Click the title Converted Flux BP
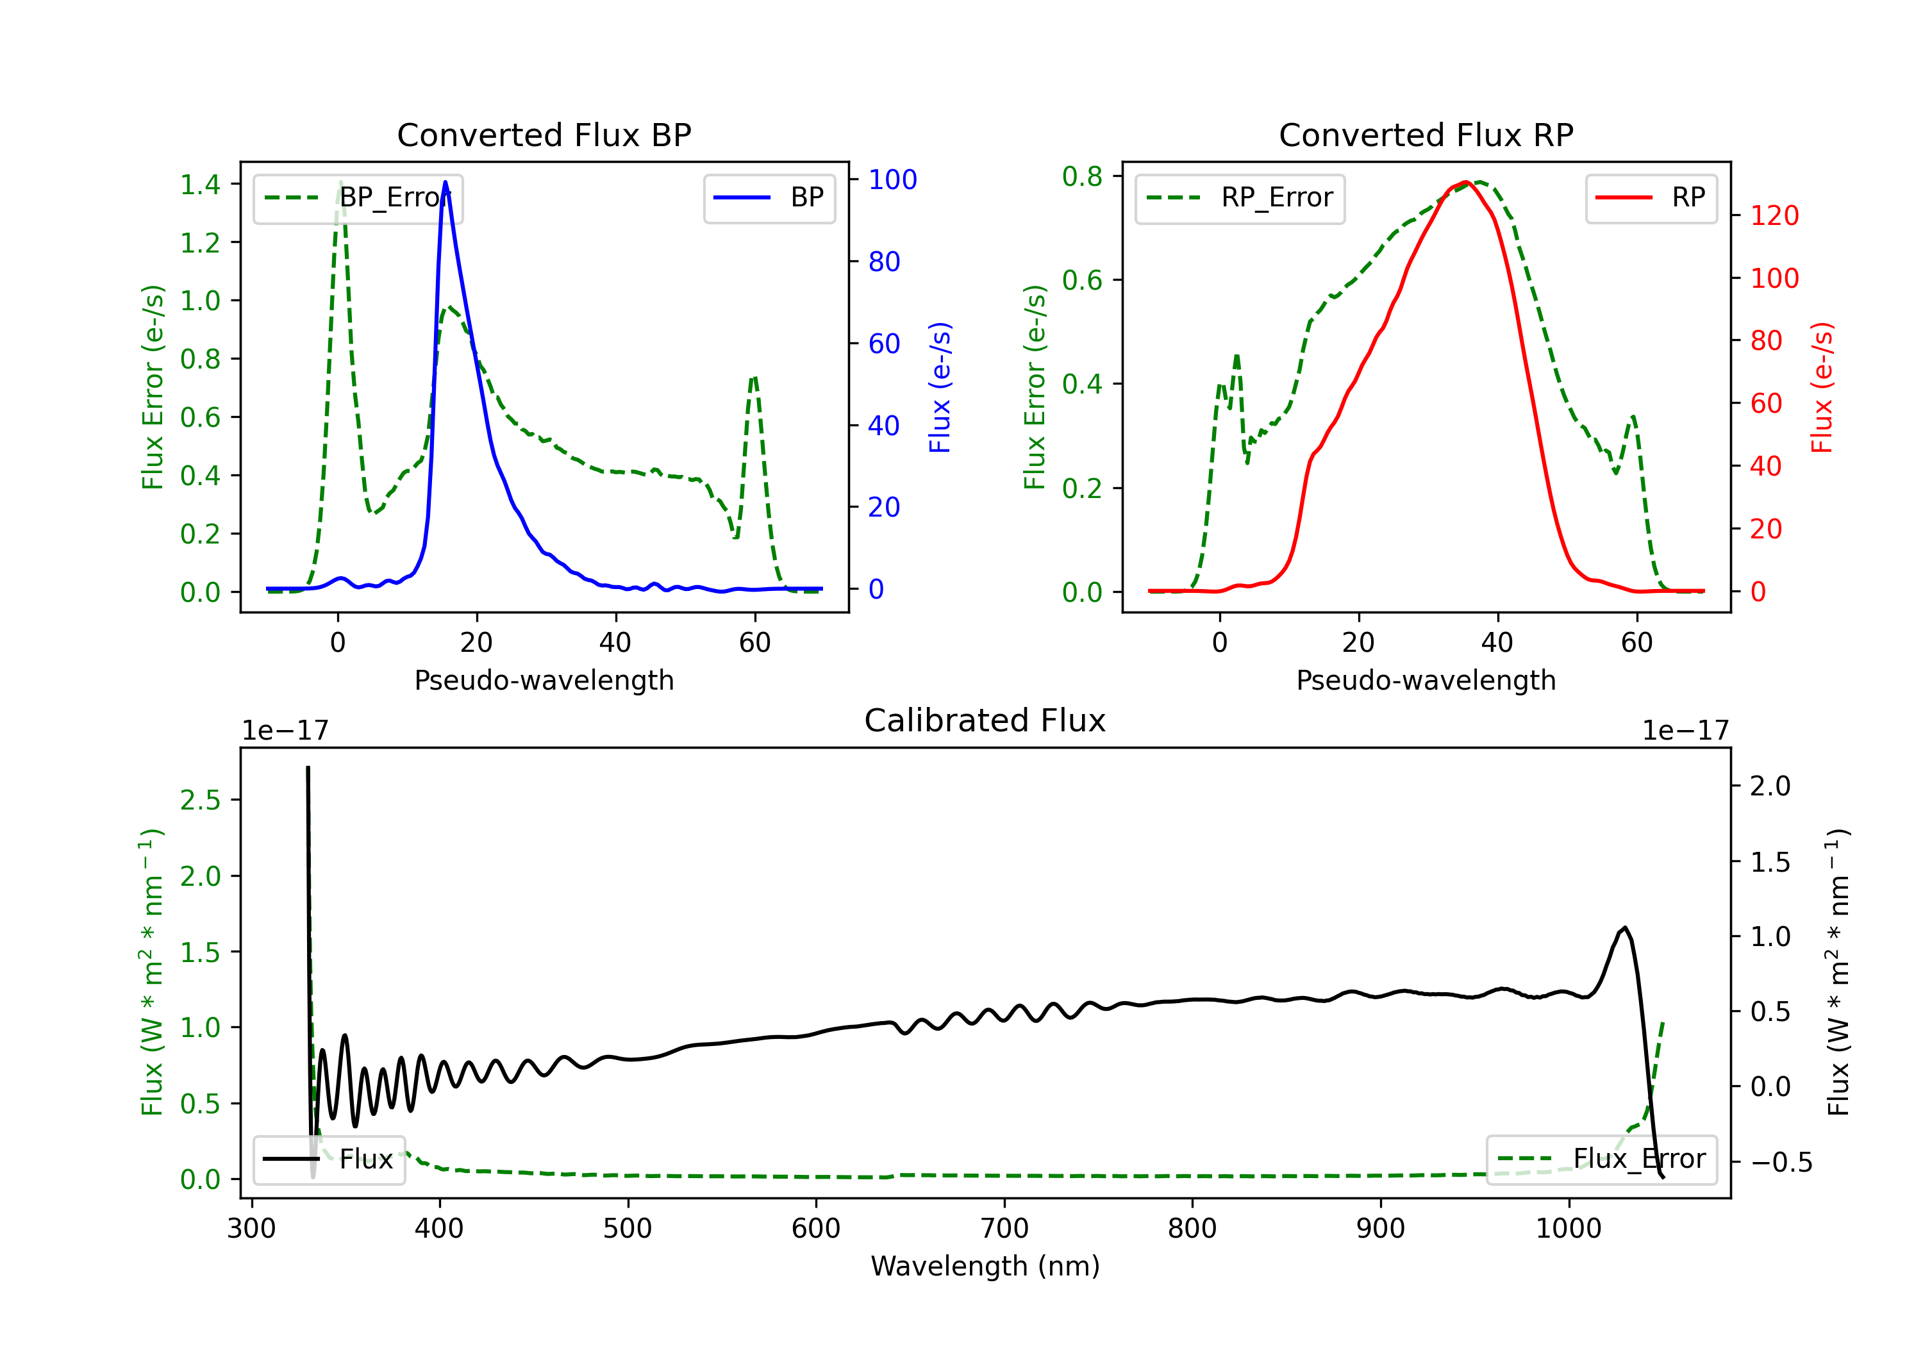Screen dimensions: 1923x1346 point(544,135)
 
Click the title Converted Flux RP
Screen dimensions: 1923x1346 point(1426,135)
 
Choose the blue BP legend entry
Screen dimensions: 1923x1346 point(769,197)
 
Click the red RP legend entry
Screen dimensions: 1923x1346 point(1651,197)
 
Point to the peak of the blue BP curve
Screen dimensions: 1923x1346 point(445,182)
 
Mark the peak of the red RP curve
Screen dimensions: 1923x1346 point(1466,182)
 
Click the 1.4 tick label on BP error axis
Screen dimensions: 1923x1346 point(200,184)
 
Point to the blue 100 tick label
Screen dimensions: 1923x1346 point(893,179)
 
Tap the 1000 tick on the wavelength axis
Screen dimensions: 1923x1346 point(1569,1229)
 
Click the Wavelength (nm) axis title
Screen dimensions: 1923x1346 point(985,1267)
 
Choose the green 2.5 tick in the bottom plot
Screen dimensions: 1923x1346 point(200,800)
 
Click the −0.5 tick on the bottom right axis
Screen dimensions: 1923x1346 point(1781,1163)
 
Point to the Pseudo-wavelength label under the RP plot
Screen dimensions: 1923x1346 point(1426,680)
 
